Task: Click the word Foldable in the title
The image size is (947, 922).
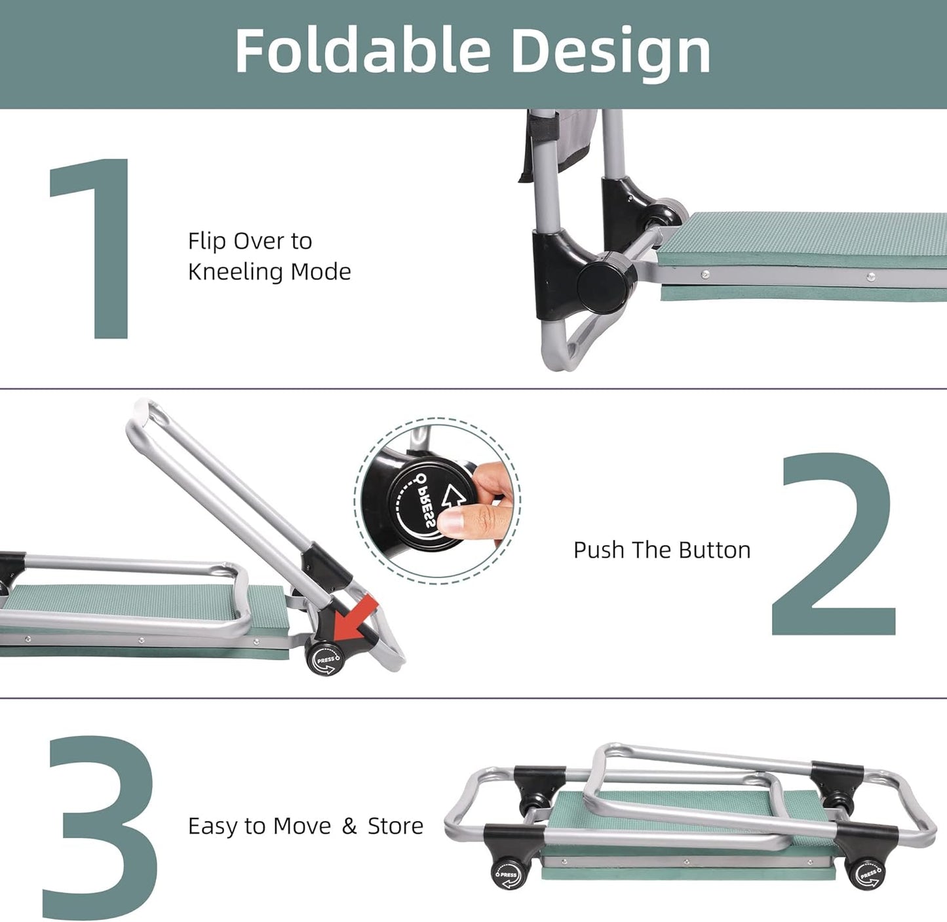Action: [363, 50]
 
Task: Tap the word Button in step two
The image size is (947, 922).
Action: [714, 550]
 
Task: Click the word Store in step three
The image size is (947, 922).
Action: [395, 826]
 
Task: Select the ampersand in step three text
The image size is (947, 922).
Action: [349, 826]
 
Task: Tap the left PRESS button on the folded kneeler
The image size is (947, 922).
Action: [508, 874]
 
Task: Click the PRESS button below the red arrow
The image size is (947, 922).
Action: [325, 659]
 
